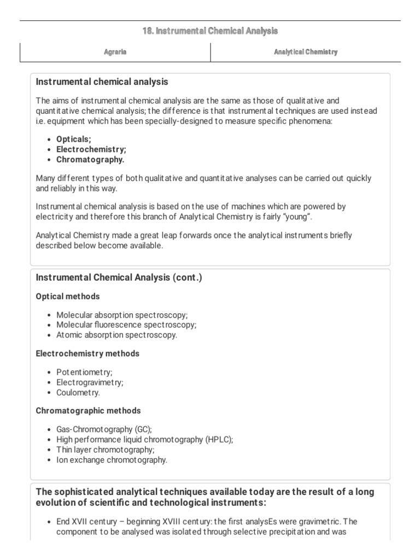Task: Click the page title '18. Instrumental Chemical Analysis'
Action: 210,32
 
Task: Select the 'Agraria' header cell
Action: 115,52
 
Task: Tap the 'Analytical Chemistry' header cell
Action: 305,52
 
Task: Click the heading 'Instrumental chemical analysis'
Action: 102,82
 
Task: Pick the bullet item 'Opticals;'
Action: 74,139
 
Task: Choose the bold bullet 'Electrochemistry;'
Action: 91,149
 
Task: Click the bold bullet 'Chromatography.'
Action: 90,160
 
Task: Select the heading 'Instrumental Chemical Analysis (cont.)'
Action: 119,278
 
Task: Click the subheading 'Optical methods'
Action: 68,296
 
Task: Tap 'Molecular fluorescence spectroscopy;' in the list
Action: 126,325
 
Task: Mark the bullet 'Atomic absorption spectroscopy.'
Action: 116,335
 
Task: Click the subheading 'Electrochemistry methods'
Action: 87,354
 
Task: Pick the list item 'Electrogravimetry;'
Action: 90,382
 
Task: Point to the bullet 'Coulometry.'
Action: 78,393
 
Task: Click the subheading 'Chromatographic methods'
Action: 88,411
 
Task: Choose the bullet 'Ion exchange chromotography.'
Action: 112,460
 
